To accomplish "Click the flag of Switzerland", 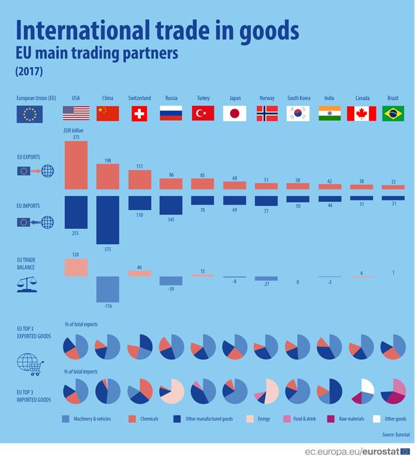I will [x=139, y=113].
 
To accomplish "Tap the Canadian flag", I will [x=361, y=113].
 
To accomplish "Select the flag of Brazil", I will [x=393, y=113].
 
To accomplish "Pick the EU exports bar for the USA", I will [x=76, y=165].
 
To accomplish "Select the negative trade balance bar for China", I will [x=107, y=289].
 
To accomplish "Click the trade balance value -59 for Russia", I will [x=171, y=290].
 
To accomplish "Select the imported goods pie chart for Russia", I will [x=171, y=392].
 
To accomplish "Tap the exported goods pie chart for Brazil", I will [x=393, y=347].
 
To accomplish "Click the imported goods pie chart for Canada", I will [x=362, y=392].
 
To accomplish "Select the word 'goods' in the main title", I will [x=268, y=30].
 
